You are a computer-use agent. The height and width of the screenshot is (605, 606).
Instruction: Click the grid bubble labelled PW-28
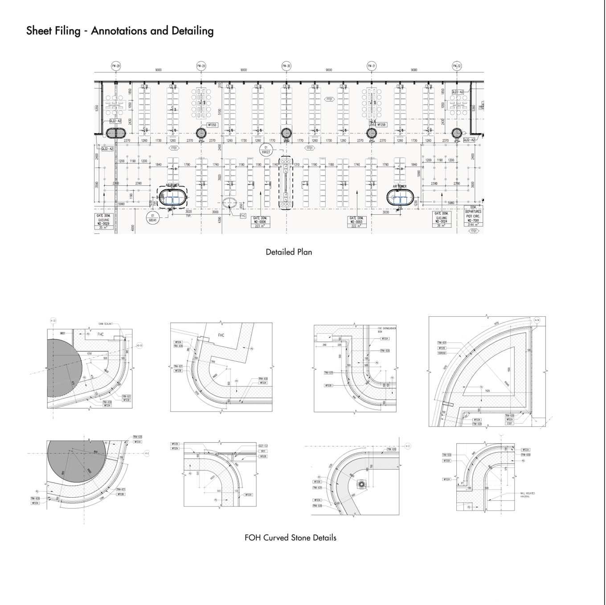pyautogui.click(x=116, y=66)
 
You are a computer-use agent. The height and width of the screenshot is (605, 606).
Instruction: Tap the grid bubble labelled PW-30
pyautogui.click(x=286, y=66)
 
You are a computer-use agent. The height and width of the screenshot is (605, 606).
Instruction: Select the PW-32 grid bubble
pyautogui.click(x=456, y=66)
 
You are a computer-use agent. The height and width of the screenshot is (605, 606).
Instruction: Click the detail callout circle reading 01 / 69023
pyautogui.click(x=266, y=149)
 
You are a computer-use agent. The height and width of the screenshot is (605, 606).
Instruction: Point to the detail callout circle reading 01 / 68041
pyautogui.click(x=152, y=217)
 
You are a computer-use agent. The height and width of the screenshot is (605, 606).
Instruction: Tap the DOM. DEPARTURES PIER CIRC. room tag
pyautogui.click(x=473, y=217)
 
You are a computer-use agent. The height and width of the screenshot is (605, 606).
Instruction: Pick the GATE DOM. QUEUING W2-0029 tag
pyautogui.click(x=103, y=221)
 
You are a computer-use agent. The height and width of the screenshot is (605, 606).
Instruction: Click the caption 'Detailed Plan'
pyautogui.click(x=289, y=252)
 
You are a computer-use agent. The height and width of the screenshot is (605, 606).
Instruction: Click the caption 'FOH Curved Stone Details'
pyautogui.click(x=290, y=538)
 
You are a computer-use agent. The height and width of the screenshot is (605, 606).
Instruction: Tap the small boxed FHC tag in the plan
pyautogui.click(x=243, y=216)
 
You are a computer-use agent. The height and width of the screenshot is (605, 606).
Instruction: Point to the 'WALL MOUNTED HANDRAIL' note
pyautogui.click(x=527, y=495)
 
